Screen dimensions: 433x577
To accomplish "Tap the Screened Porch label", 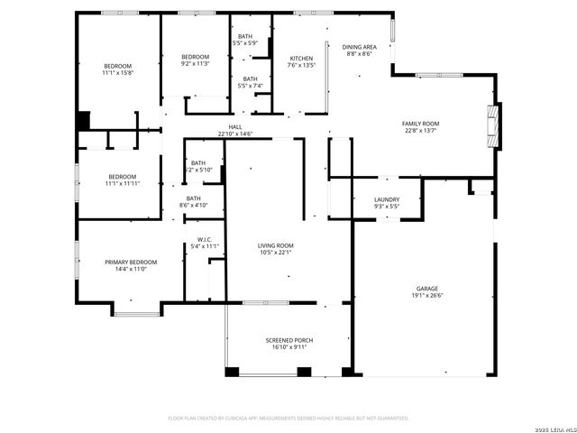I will tap(287, 340).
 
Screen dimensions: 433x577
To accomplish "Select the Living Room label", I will tap(275, 245).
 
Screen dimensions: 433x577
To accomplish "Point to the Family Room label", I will tap(420, 123).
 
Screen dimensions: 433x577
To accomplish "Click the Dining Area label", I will tap(359, 47).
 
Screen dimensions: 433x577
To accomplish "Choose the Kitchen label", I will tap(300, 58).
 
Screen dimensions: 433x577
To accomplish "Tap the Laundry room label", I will tap(387, 199).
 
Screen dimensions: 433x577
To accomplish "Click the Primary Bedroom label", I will tap(131, 262).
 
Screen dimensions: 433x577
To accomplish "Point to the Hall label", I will tap(235, 127).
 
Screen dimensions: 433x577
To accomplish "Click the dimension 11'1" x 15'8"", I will tap(117, 73).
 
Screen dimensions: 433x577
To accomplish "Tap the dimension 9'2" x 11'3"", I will tap(195, 63).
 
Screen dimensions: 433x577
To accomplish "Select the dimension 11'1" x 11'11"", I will tap(122, 183).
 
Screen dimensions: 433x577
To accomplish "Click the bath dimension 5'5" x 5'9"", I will tap(245, 42).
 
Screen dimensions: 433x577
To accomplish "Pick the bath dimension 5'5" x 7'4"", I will tap(250, 86).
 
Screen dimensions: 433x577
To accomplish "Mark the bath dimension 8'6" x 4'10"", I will tap(194, 205).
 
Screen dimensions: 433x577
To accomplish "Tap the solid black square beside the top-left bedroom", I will tap(84, 120).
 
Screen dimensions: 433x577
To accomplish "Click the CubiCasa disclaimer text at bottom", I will tap(288, 418).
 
